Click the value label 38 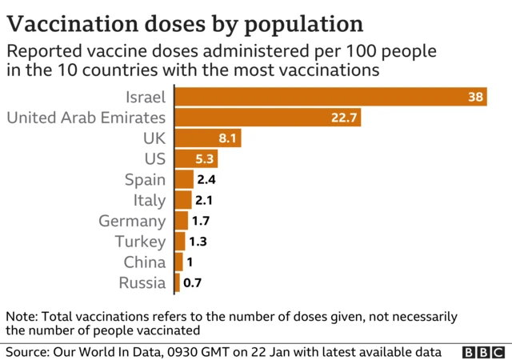(475, 98)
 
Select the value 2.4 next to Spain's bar (206, 180)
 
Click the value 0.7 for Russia (192, 282)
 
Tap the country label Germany (132, 221)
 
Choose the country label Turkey (140, 242)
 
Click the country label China (144, 262)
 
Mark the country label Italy (150, 200)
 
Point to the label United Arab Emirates (86, 118)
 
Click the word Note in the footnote (21, 316)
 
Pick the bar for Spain (184, 180)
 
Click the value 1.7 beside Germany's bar (202, 221)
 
